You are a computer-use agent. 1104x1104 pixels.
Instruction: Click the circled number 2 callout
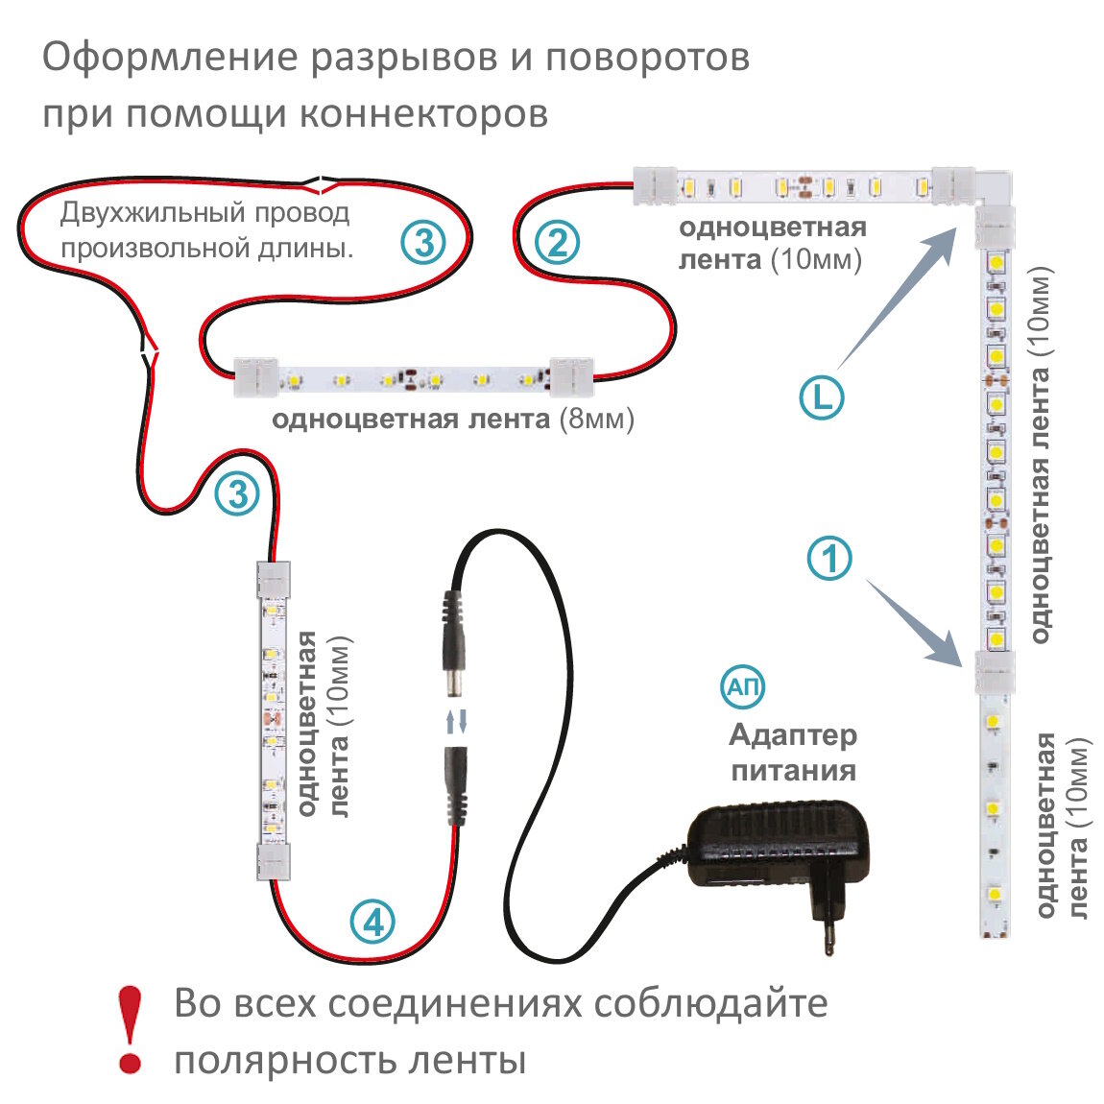click(557, 242)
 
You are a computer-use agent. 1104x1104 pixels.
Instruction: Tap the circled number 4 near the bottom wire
click(372, 923)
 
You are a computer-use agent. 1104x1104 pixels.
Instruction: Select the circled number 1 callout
click(829, 558)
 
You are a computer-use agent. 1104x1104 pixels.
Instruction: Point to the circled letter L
click(822, 397)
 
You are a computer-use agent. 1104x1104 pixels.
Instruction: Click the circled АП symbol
click(743, 686)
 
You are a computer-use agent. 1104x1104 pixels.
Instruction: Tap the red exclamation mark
click(130, 1029)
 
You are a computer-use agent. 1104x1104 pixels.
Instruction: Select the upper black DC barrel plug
click(454, 640)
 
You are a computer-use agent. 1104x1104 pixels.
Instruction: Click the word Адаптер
click(793, 735)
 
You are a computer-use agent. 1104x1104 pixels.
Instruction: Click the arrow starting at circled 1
click(912, 620)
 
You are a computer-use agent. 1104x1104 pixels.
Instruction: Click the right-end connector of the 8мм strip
click(572, 377)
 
